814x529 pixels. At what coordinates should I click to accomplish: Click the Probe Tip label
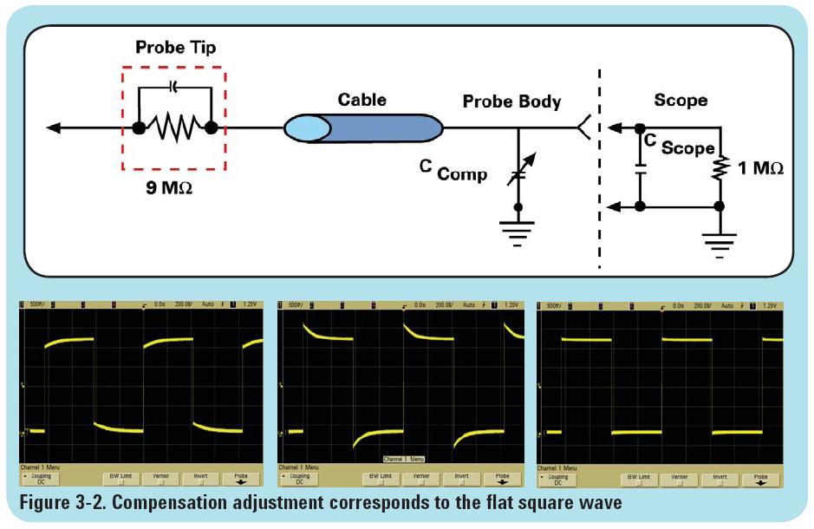175,47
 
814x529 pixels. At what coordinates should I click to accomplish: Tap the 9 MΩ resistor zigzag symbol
174,128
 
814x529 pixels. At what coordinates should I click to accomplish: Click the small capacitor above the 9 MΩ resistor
175,88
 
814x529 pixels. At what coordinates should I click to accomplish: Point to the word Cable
362,99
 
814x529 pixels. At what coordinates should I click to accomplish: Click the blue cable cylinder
364,128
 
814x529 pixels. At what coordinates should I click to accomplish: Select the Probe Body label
511,101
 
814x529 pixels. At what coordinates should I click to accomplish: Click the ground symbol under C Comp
518,231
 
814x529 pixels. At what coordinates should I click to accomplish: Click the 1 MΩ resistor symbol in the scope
719,167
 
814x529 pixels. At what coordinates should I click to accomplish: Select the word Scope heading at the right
681,100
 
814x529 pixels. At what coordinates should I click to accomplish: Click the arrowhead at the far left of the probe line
54,128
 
